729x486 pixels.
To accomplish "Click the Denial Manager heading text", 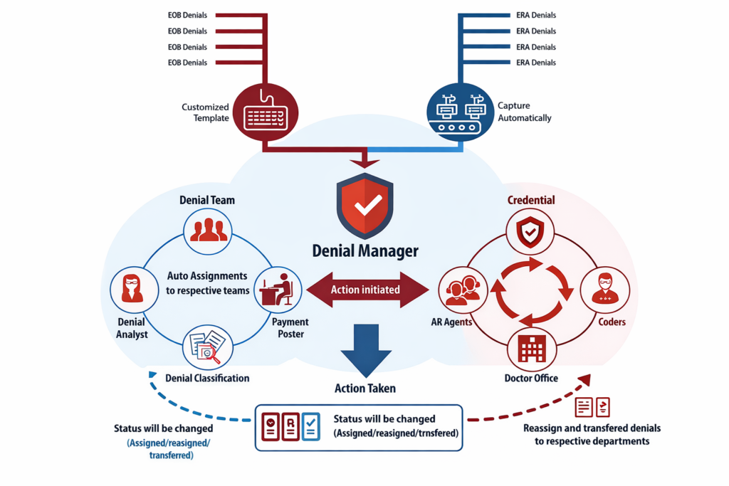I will coord(365,250).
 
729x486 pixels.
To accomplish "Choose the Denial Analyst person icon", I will coord(133,290).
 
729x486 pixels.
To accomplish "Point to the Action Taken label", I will coord(365,389).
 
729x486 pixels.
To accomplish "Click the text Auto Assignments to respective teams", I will coord(208,282).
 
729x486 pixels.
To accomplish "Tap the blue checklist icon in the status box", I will coord(311,426).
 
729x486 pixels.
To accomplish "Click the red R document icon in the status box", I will coord(290,426).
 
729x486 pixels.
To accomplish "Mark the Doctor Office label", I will coord(531,378).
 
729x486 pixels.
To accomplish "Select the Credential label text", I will coord(531,200).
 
